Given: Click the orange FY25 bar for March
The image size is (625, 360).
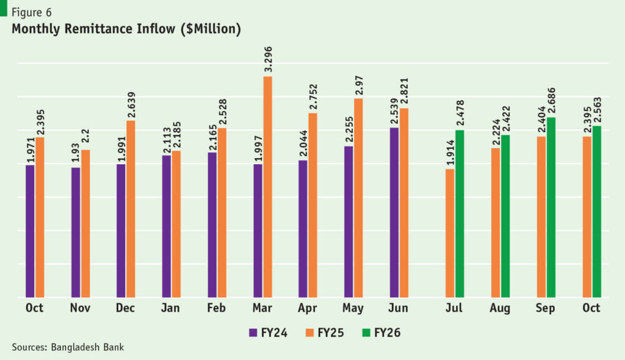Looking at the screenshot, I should [x=267, y=187].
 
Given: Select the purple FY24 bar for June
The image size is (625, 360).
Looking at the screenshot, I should [x=394, y=212].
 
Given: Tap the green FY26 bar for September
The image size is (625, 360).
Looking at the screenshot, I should [x=551, y=207].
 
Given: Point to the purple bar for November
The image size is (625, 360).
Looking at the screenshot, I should [x=76, y=232].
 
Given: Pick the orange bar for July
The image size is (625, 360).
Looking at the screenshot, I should [x=450, y=233].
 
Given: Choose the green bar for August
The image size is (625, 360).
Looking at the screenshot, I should [x=505, y=216].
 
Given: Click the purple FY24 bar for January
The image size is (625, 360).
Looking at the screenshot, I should [x=167, y=226].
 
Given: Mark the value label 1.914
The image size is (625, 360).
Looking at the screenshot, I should [x=450, y=152].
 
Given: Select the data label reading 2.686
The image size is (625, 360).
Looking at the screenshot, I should [x=551, y=99].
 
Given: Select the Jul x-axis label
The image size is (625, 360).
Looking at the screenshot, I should [x=454, y=308].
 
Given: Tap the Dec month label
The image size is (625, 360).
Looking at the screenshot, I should [x=126, y=308].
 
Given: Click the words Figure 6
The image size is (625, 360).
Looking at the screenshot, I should [x=32, y=12].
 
